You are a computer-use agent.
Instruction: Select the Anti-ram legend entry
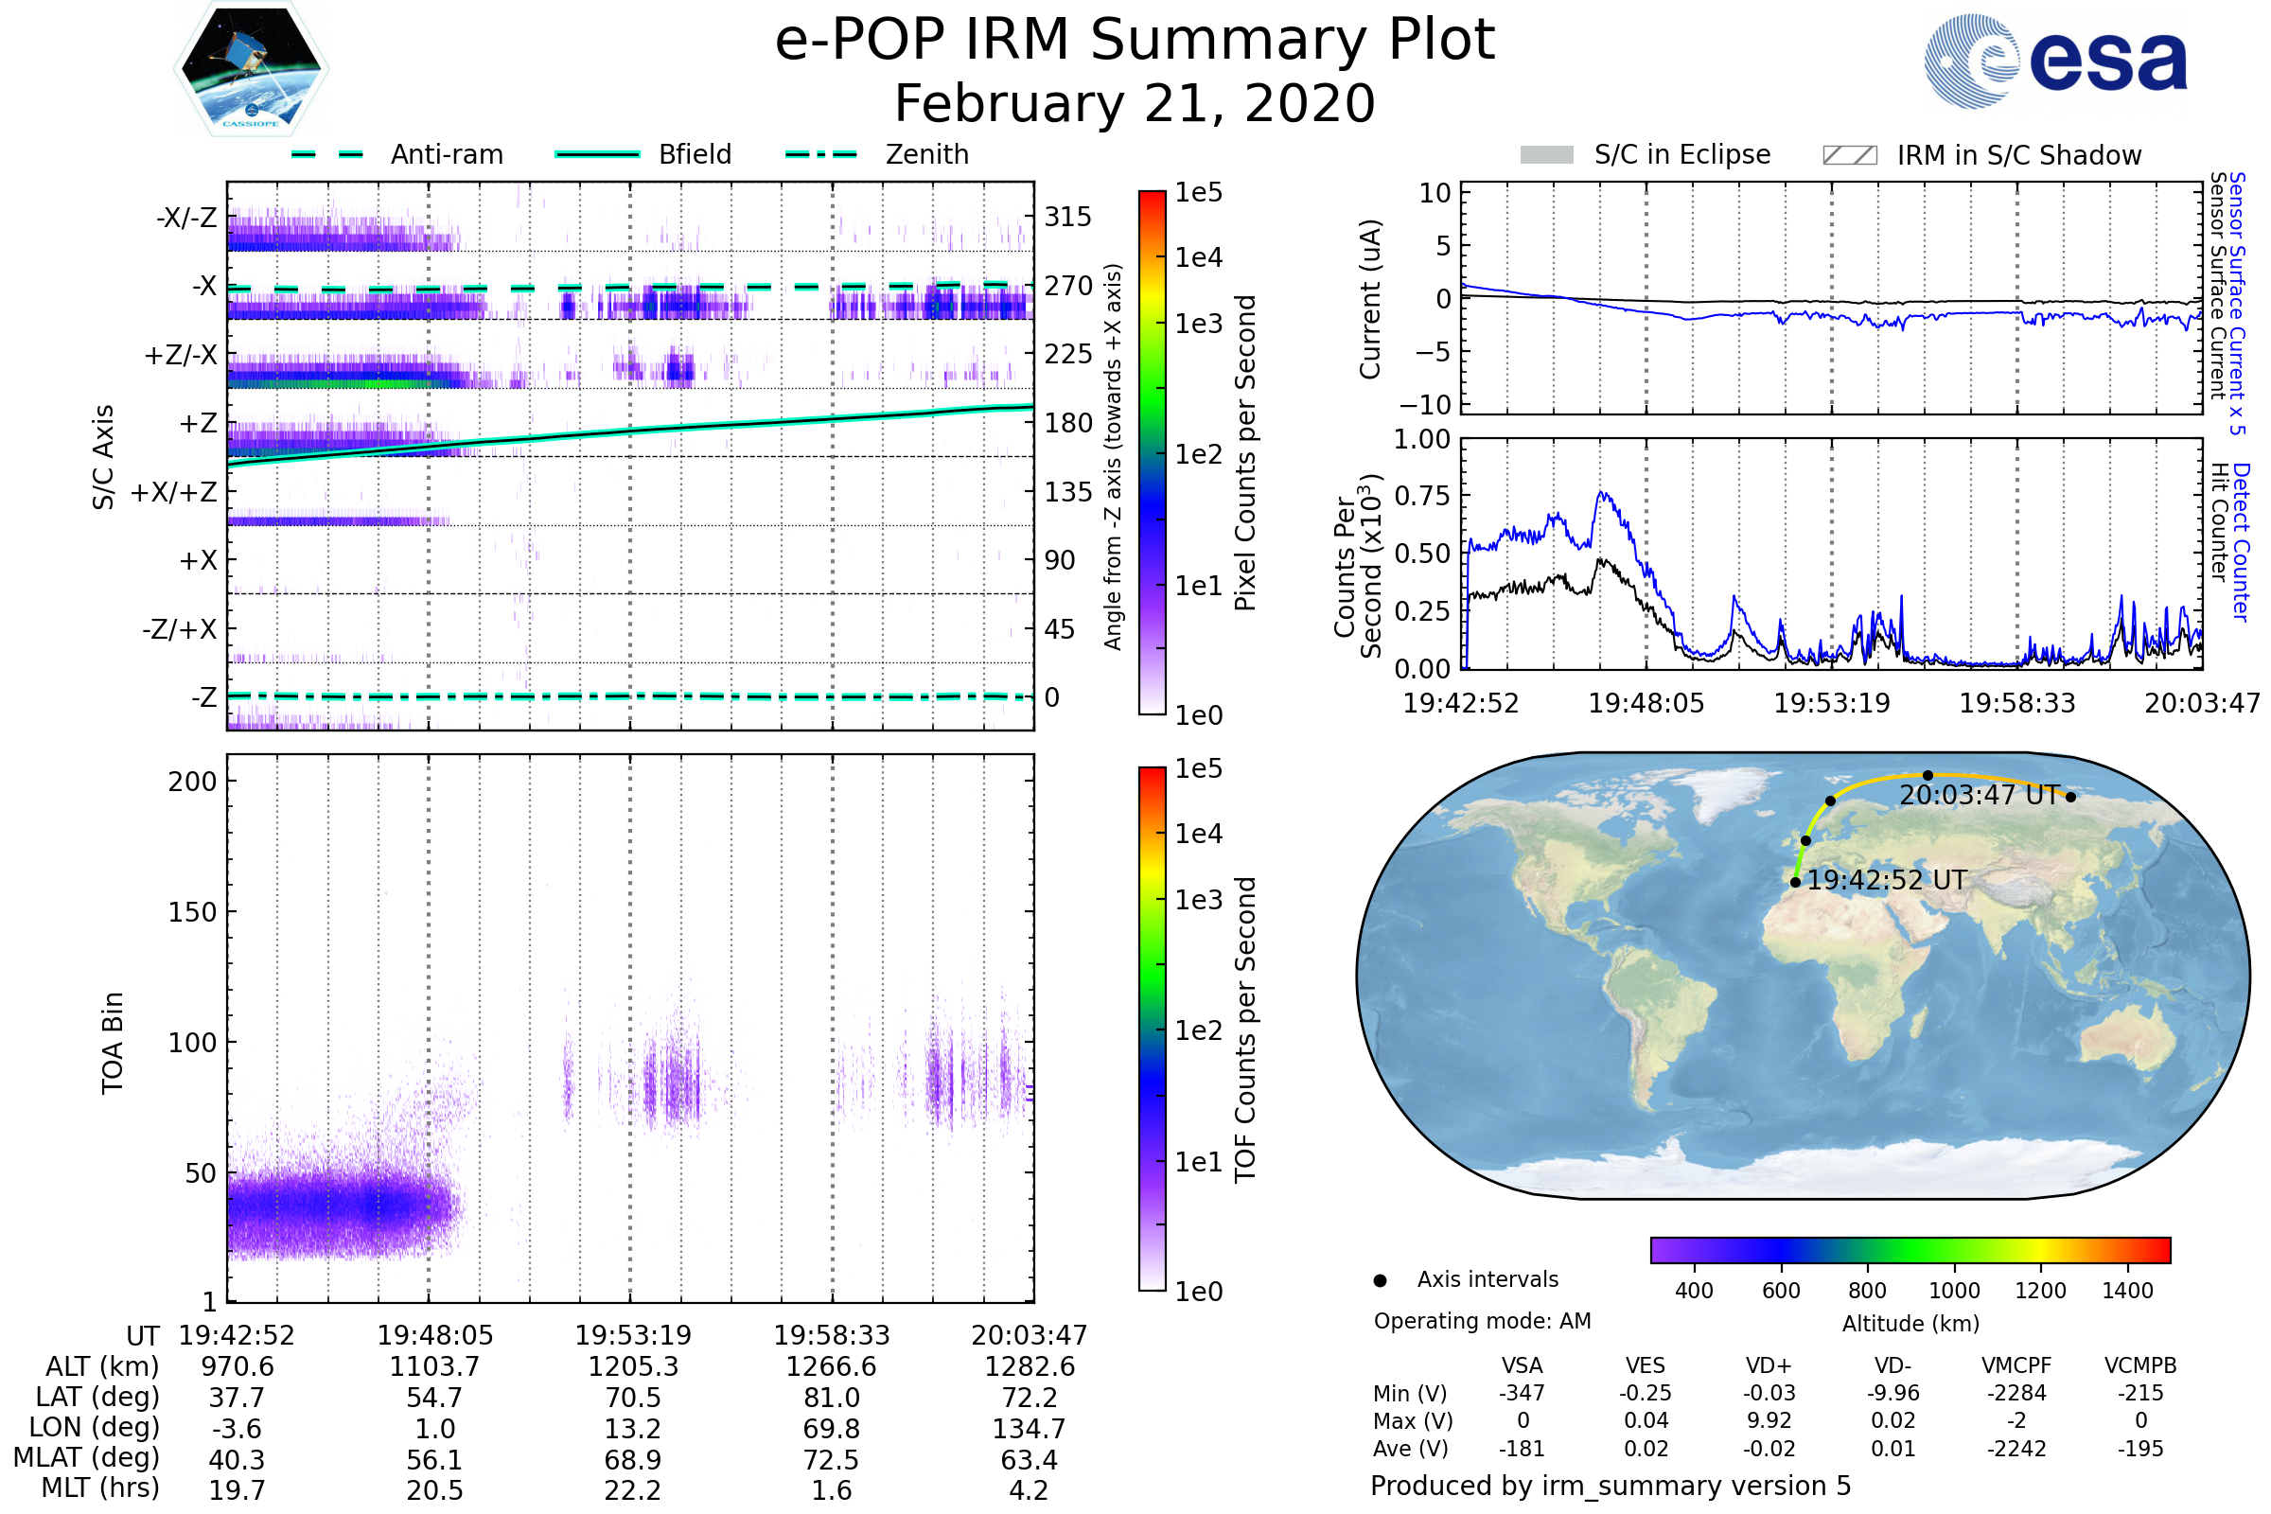tap(446, 154)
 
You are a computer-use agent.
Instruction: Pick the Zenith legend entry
tap(926, 154)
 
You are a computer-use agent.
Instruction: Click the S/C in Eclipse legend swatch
tap(1547, 155)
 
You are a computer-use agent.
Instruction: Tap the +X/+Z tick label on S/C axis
tap(174, 492)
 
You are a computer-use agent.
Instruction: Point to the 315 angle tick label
tap(1068, 217)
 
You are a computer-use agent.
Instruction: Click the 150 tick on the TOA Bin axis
tap(192, 912)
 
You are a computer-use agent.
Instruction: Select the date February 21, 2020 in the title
tap(1135, 103)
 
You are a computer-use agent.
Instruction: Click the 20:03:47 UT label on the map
tap(1981, 796)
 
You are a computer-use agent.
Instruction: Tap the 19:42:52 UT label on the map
tap(1887, 881)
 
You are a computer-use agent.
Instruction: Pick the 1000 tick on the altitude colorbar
tap(1953, 1291)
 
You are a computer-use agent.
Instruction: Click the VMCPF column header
tap(2016, 1366)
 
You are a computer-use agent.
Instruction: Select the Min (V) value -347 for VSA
tap(1522, 1393)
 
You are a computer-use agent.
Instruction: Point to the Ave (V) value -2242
tap(2016, 1450)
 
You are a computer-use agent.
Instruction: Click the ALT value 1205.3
tap(633, 1367)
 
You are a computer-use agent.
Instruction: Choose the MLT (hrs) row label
tap(99, 1488)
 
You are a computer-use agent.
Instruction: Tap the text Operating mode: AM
tap(1482, 1321)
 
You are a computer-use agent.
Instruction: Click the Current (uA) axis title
tap(1370, 299)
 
